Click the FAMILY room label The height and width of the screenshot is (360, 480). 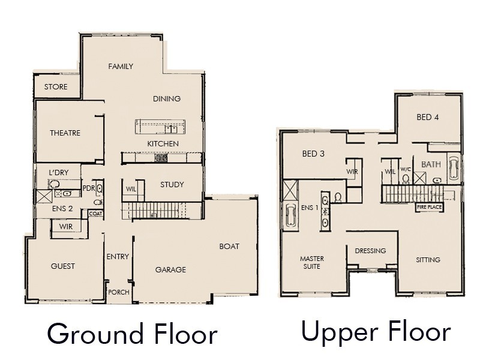tap(121, 66)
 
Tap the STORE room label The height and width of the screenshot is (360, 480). tap(56, 87)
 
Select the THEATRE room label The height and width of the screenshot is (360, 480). tap(65, 133)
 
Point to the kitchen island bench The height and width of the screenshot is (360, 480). tap(160, 127)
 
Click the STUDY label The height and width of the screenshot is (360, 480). tap(172, 184)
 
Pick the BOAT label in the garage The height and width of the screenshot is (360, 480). tap(229, 246)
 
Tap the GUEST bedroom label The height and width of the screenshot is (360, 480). tap(63, 266)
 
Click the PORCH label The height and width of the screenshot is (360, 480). tap(118, 292)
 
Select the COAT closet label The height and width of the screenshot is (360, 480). tap(95, 214)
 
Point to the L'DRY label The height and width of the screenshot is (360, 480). tap(58, 172)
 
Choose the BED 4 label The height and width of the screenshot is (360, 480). tap(428, 117)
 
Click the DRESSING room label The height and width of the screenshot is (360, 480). tap(370, 251)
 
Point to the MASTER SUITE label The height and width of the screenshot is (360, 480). tap(312, 262)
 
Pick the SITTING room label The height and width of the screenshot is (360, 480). tap(428, 260)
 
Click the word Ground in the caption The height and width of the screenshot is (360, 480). tap(88, 334)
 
